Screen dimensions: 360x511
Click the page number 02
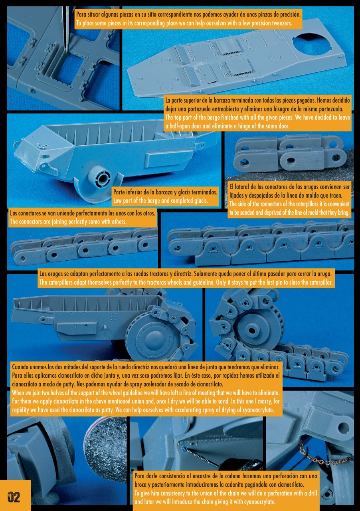(14, 497)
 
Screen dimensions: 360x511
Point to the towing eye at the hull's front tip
(16, 145)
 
